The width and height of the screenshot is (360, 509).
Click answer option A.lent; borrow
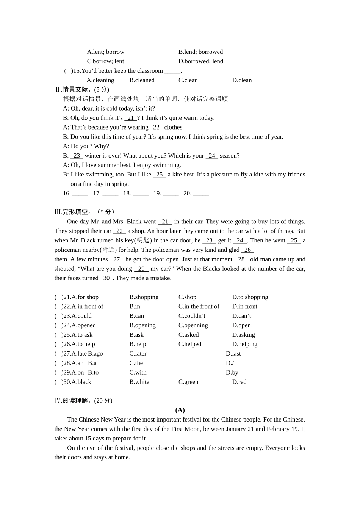coord(105,52)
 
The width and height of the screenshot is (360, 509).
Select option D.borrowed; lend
coord(200,61)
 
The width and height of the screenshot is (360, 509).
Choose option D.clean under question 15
coord(242,80)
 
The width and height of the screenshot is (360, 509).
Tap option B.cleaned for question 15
coord(142,80)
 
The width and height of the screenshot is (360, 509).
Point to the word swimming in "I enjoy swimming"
coord(168,165)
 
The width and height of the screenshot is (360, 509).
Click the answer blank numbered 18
coord(140,194)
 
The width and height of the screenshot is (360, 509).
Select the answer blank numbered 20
coord(200,194)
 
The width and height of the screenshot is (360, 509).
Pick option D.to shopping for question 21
coord(250,297)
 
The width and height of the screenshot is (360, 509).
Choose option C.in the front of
coord(199,306)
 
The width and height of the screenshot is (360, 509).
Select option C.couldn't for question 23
coord(192,316)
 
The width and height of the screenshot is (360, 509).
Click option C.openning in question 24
coord(193,325)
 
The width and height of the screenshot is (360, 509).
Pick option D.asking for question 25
coord(243,335)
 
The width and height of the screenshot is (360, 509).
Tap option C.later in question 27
coord(138,354)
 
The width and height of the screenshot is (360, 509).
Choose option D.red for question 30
coord(239,382)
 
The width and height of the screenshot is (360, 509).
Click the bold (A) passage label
coord(180,410)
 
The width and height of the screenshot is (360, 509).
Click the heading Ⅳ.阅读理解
coord(83,401)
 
